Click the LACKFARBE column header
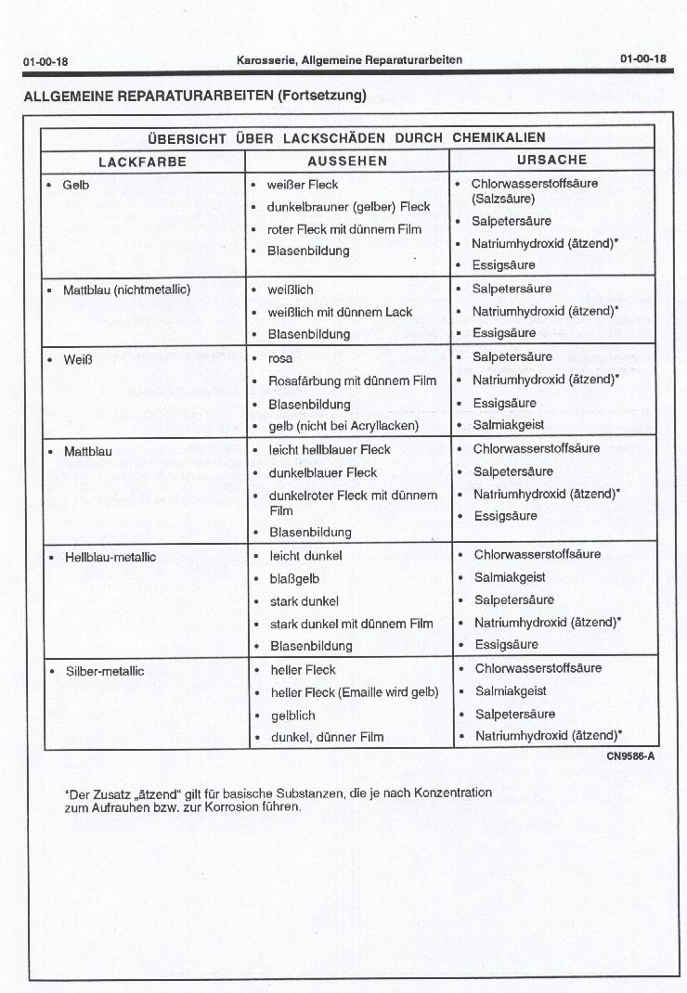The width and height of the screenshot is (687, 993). tap(142, 161)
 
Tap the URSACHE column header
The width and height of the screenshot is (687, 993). tap(551, 160)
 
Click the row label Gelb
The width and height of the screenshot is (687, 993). tap(75, 185)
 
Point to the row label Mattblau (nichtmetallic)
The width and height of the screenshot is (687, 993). tap(126, 290)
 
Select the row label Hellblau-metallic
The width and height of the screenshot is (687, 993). tap(110, 557)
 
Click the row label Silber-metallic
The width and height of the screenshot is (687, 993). tap(105, 671)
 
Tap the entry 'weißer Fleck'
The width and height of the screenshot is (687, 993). tap(303, 185)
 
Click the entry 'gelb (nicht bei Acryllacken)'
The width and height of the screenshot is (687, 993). tap(343, 426)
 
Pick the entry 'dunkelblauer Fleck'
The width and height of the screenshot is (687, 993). tap(323, 472)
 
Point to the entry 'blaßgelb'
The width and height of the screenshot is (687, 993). tap(294, 578)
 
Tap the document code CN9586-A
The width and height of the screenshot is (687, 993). tap(630, 756)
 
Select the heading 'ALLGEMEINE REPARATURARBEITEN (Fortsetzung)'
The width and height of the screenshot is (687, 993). tap(195, 95)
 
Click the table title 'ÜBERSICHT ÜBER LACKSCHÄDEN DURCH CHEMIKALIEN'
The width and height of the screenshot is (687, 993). tap(346, 137)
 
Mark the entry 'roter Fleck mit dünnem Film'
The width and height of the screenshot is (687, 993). tap(344, 229)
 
